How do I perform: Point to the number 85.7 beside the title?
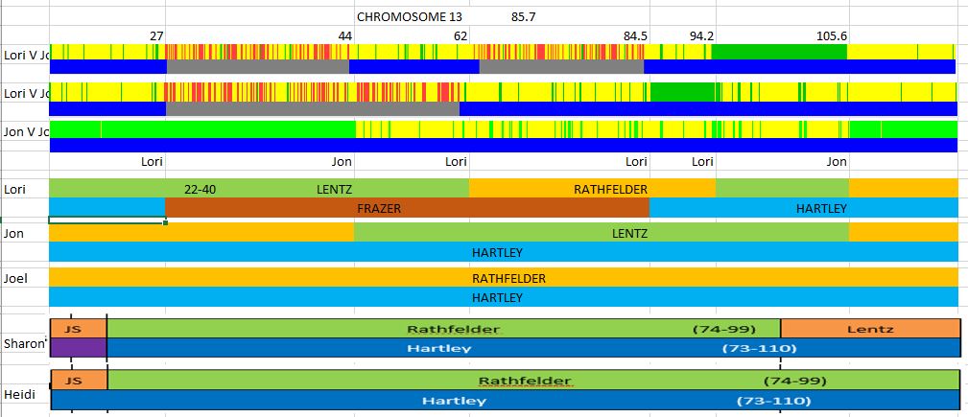coord(524,16)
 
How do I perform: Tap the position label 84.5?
coord(636,36)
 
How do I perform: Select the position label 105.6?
coord(832,36)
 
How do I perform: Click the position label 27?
coord(156,36)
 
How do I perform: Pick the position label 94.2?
coord(701,36)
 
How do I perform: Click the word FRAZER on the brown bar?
coord(379,208)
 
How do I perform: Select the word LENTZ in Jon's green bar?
coord(629,233)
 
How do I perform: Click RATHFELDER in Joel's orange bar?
coord(508,279)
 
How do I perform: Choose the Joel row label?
coord(15,279)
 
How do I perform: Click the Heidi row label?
coord(19,394)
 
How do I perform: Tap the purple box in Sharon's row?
coord(78,347)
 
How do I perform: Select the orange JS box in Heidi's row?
coord(78,381)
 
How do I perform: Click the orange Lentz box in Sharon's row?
coord(870,329)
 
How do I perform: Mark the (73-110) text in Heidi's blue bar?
coord(773,400)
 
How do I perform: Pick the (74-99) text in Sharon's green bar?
coord(720,329)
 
